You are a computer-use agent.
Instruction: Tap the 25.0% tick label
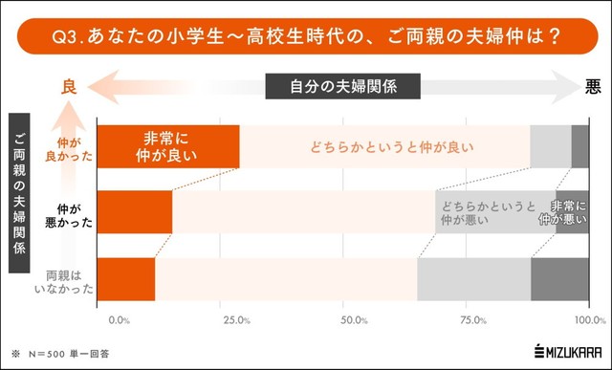point(236,319)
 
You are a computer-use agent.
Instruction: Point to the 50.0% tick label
point(354,319)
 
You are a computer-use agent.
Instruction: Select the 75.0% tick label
point(470,319)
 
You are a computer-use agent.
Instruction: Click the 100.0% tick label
point(584,319)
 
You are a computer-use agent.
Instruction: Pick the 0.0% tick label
point(120,319)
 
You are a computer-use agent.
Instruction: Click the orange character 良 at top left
point(68,86)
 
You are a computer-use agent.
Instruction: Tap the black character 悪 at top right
point(593,86)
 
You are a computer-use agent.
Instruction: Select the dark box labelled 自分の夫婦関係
point(343,86)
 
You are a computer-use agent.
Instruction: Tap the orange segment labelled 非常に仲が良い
point(169,146)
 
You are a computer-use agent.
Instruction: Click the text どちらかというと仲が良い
point(391,147)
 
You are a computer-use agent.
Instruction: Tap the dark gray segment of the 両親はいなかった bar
point(559,279)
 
